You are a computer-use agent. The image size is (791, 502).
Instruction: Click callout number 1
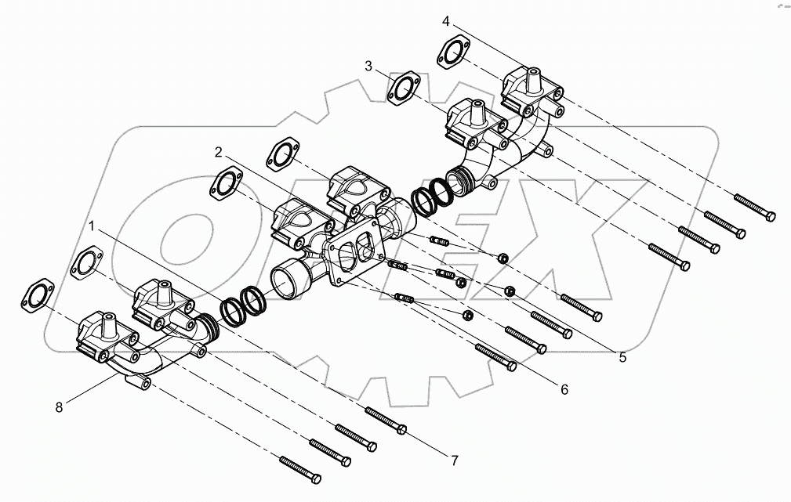(x=93, y=227)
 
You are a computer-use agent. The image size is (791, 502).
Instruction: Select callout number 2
(x=220, y=150)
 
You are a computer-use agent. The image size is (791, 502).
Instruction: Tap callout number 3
(x=368, y=67)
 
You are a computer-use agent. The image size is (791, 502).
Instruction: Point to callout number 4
(x=445, y=20)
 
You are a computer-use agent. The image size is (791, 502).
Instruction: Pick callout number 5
(x=622, y=358)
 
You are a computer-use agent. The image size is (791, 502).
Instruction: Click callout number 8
(x=59, y=406)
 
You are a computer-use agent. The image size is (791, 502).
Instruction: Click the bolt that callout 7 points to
(x=386, y=421)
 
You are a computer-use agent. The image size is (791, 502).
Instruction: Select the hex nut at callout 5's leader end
(x=510, y=292)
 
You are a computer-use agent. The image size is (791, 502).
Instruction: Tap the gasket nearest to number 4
(x=452, y=52)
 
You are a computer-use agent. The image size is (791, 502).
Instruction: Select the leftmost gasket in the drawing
(x=34, y=294)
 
